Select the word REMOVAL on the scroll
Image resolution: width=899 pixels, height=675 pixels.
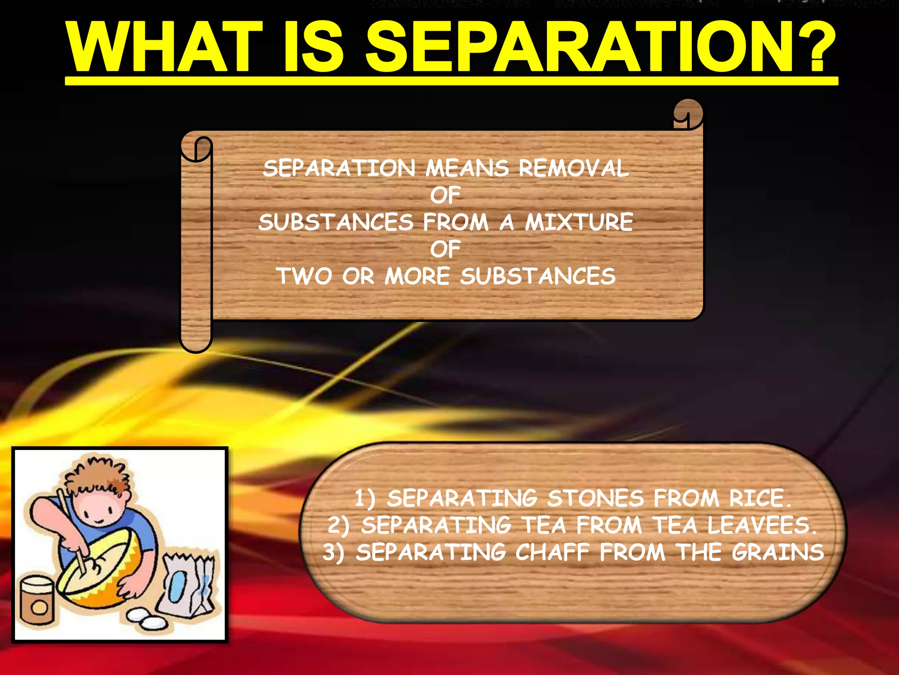tap(574, 168)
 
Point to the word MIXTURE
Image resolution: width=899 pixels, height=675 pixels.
tap(579, 222)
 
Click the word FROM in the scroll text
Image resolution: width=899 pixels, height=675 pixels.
tap(456, 222)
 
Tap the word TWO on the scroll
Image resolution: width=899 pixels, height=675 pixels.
tap(304, 276)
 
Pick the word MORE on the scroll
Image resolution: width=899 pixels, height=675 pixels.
tap(417, 276)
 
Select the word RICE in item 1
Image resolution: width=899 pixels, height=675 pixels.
tap(757, 498)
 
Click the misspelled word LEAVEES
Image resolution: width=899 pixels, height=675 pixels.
tap(762, 525)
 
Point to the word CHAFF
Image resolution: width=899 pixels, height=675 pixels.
tap(552, 552)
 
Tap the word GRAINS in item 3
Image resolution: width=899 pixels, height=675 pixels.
tap(777, 552)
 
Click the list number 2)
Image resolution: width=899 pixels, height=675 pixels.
tap(338, 526)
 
